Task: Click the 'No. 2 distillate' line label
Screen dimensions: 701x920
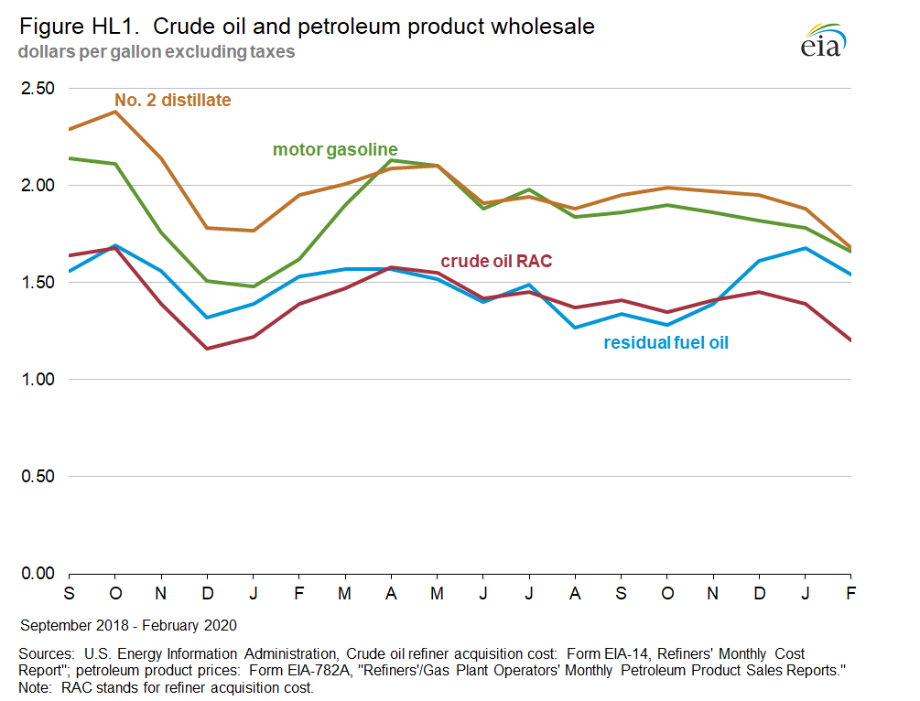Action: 172,100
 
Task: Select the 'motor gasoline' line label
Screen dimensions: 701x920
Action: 335,149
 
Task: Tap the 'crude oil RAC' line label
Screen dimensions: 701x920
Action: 496,262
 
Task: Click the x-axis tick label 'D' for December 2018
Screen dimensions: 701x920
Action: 207,593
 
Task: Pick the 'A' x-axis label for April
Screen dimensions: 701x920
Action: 391,593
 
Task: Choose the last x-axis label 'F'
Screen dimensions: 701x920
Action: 851,593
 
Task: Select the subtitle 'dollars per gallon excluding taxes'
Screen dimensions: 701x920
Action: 156,52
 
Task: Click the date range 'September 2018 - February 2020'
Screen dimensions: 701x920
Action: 128,626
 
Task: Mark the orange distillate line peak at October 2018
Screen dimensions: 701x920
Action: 114,112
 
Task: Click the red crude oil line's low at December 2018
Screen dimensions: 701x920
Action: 207,349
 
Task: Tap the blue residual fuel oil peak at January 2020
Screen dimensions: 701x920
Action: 806,248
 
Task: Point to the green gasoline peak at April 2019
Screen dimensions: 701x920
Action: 391,160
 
